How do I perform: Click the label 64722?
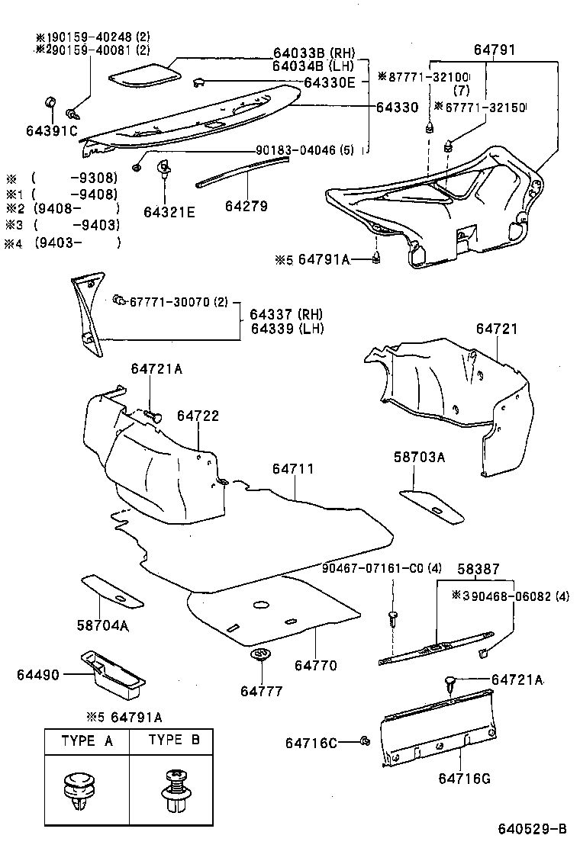tap(198, 416)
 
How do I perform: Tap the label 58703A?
tap(419, 457)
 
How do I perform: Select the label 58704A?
tap(101, 625)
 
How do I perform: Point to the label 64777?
tap(261, 691)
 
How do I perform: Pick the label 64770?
tap(315, 666)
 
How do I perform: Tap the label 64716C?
tap(311, 742)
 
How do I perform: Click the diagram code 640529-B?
tap(532, 829)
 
